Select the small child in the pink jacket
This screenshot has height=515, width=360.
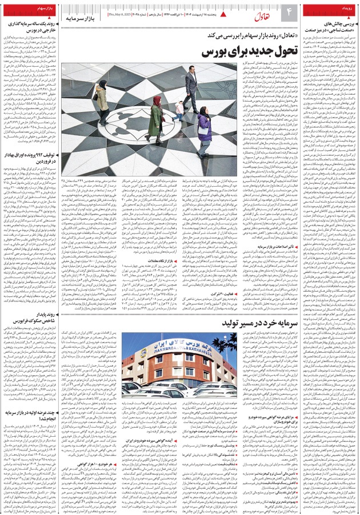point(180,108)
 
